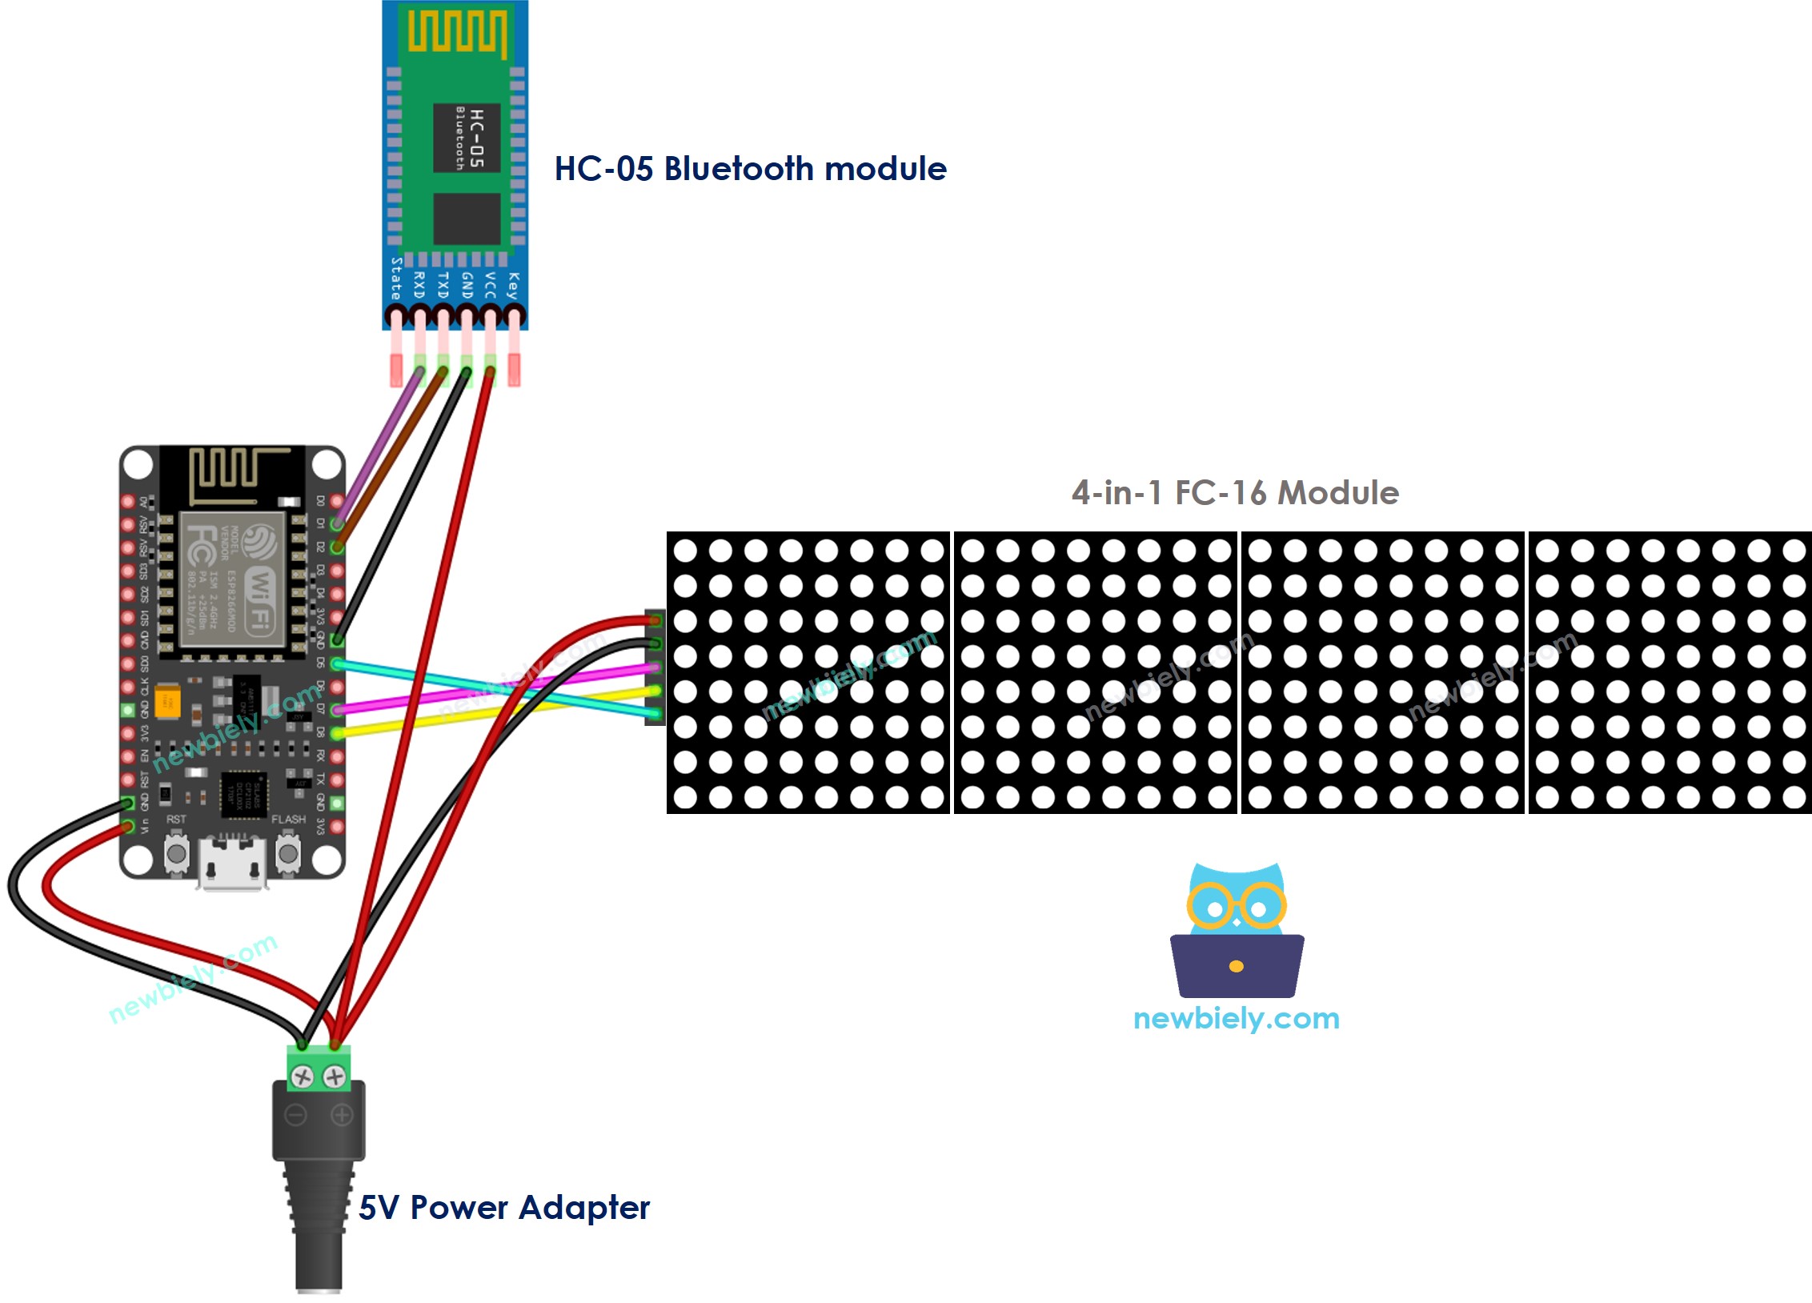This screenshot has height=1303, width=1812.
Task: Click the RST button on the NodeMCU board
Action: tap(177, 854)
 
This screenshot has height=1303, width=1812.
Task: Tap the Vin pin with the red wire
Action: tap(127, 826)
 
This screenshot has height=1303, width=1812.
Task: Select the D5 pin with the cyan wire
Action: tap(337, 664)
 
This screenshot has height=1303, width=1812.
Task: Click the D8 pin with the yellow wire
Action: tap(337, 732)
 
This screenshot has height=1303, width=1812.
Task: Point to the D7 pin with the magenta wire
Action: tap(337, 709)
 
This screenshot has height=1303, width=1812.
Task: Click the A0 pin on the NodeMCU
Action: tap(127, 502)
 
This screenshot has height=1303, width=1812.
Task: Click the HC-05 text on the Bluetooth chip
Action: tap(476, 138)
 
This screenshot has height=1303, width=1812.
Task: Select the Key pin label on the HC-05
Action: tap(513, 286)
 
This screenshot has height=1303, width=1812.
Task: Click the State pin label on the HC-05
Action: tap(395, 279)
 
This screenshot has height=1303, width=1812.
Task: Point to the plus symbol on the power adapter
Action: tap(342, 1115)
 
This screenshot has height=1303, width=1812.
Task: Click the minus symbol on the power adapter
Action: tap(296, 1115)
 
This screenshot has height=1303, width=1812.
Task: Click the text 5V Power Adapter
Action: tap(503, 1207)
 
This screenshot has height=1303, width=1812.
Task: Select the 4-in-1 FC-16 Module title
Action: tap(1235, 492)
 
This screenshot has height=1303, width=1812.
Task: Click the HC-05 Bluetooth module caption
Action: tap(750, 169)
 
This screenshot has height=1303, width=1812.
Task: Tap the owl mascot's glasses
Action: tap(1237, 906)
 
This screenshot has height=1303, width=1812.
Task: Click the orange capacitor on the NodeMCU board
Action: tap(167, 701)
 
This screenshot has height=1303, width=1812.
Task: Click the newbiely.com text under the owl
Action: tap(1237, 1018)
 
